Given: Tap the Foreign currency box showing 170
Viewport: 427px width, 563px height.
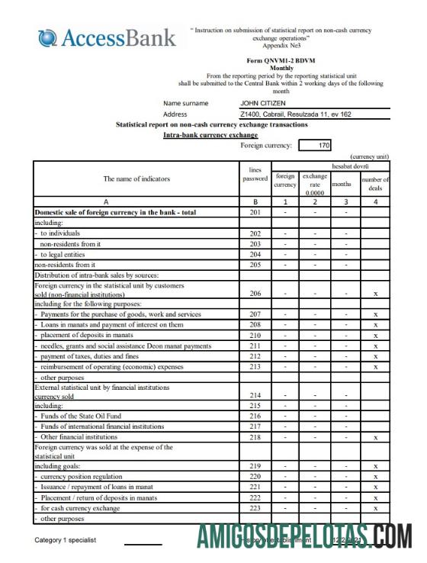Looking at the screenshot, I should point(315,145).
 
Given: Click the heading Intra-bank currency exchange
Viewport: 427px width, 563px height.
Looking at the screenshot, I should point(210,134).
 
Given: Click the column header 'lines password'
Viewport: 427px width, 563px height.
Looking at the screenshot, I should point(255,175).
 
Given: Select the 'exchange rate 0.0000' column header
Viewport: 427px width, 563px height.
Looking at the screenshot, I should point(314,184).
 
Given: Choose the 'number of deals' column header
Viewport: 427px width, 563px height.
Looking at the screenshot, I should point(375,184).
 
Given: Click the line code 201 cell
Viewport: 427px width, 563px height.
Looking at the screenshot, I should point(255,212).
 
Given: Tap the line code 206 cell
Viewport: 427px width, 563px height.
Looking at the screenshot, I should point(255,293).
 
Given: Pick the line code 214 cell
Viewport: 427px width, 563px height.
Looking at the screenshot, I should point(255,395).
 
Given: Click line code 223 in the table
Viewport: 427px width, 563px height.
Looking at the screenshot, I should point(255,507).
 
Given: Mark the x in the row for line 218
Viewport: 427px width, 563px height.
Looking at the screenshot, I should point(375,437).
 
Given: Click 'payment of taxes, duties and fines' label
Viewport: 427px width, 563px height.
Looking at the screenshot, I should point(89,356).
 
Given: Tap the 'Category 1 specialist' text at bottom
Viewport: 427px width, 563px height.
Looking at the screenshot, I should point(66,540).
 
